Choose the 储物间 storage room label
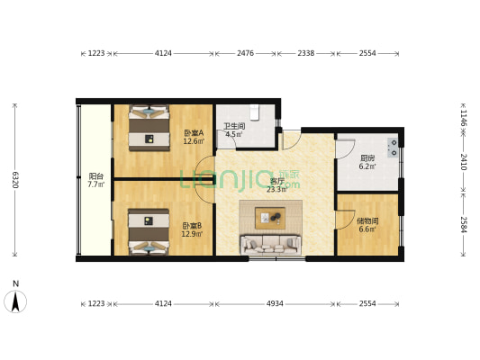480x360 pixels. [367, 224]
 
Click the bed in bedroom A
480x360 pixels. [149, 129]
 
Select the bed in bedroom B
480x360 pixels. [149, 232]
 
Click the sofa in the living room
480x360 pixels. [269, 244]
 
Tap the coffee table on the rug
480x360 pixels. [270, 217]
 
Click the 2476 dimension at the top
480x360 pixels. [245, 53]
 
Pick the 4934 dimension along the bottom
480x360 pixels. [276, 303]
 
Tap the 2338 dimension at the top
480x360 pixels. [306, 53]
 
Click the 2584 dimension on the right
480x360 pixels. [463, 224]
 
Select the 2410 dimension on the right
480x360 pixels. [463, 162]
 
